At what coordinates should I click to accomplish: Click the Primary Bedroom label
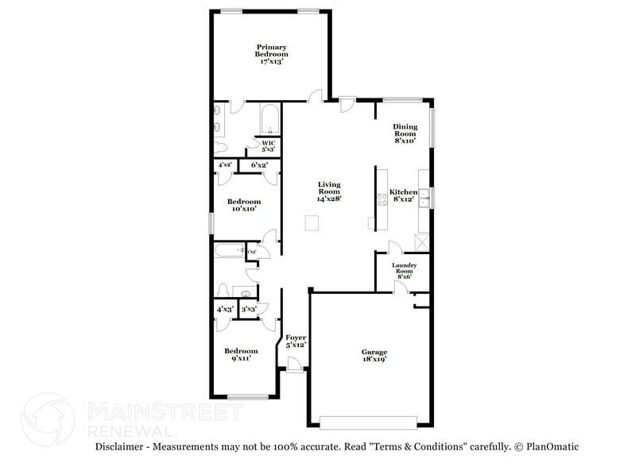pyautogui.click(x=271, y=50)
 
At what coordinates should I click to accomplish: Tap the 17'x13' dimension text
pyautogui.click(x=271, y=61)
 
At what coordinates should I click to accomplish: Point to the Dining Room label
pyautogui.click(x=405, y=130)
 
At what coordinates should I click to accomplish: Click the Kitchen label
pyautogui.click(x=403, y=193)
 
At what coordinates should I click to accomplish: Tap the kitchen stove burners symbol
pyautogui.click(x=382, y=199)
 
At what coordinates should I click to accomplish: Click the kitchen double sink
pyautogui.click(x=424, y=199)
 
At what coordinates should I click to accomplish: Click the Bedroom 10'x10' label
pyautogui.click(x=243, y=205)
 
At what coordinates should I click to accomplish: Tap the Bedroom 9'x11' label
pyautogui.click(x=240, y=354)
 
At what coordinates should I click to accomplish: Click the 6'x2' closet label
pyautogui.click(x=258, y=165)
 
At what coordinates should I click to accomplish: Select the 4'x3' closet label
pyautogui.click(x=224, y=309)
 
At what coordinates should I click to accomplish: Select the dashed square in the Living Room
pyautogui.click(x=312, y=223)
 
